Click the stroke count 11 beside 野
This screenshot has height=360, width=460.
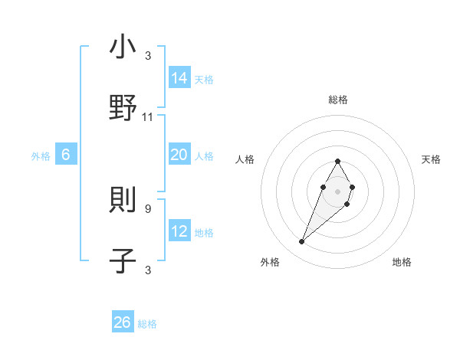click(148, 117)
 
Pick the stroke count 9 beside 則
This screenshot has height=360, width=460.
click(147, 208)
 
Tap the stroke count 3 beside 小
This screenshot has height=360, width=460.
click(147, 57)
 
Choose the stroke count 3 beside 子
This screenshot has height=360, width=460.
click(147, 269)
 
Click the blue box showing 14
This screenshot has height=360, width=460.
click(179, 78)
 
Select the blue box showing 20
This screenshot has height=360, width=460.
click(179, 155)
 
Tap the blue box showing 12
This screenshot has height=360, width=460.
click(179, 231)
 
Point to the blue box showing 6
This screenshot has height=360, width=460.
click(66, 155)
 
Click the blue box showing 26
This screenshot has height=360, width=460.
click(123, 322)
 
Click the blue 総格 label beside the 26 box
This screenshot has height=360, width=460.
click(147, 324)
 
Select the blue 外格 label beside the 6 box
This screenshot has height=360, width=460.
click(41, 156)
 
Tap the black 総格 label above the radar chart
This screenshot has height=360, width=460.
click(337, 100)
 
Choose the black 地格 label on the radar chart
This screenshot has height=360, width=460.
click(402, 262)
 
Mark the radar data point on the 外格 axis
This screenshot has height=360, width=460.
click(302, 242)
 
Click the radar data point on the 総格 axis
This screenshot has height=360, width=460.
click(337, 162)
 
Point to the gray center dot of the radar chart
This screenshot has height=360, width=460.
click(337, 191)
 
